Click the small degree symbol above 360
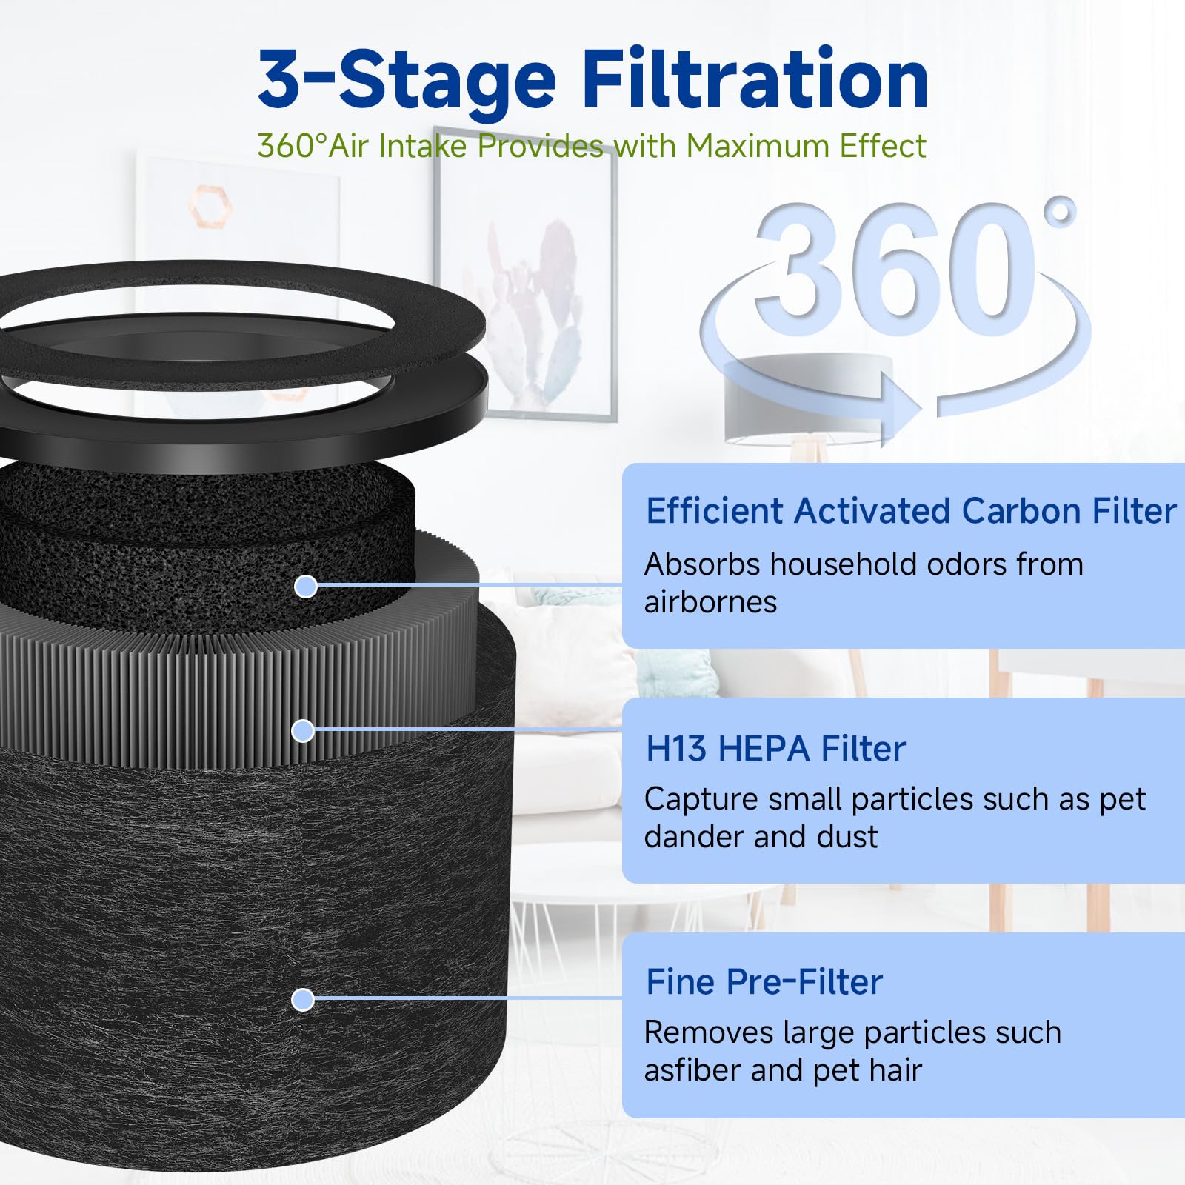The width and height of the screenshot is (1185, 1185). pyautogui.click(x=1060, y=212)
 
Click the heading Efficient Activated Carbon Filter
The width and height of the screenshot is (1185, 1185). pyautogui.click(x=910, y=511)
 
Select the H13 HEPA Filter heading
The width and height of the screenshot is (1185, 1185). pyautogui.click(x=775, y=748)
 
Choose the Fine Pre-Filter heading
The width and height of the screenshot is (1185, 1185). pyautogui.click(x=764, y=982)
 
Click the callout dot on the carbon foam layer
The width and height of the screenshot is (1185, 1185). pyautogui.click(x=305, y=587)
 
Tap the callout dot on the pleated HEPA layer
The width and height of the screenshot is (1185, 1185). pyautogui.click(x=302, y=731)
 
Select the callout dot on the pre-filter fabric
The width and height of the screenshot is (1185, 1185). pyautogui.click(x=302, y=1000)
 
